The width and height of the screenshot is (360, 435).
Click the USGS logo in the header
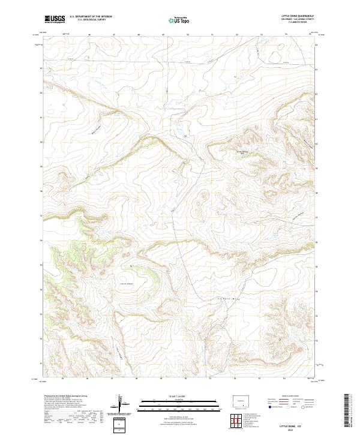tap(55, 19)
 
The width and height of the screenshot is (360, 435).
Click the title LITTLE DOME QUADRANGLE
tap(298, 16)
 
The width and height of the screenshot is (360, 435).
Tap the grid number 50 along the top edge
tap(188, 35)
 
